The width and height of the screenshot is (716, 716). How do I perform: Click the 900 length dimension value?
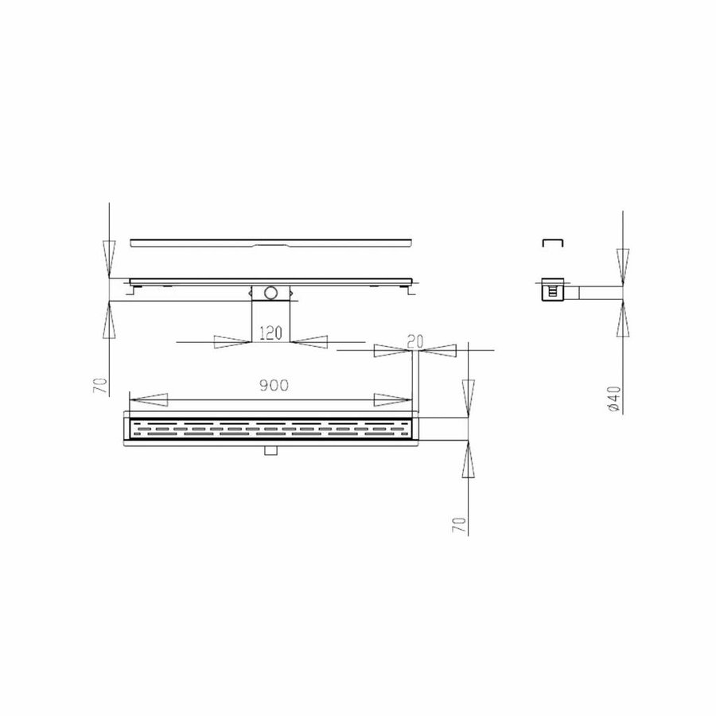click(x=272, y=384)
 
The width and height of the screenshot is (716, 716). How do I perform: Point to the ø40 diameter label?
click(x=613, y=397)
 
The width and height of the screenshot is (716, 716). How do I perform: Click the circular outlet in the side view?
click(x=272, y=293)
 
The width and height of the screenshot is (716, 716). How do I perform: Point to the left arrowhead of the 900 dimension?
click(x=147, y=399)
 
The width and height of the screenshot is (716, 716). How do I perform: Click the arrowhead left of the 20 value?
click(x=388, y=348)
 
